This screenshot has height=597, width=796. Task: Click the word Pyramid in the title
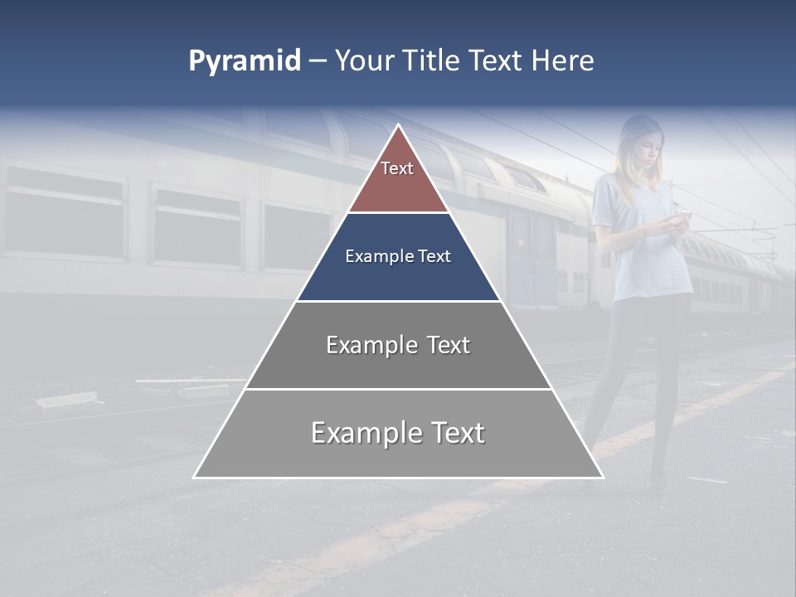[x=245, y=61]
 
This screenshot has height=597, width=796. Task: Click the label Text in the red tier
[x=397, y=168]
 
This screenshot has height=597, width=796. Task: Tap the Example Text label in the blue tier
[x=398, y=256]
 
